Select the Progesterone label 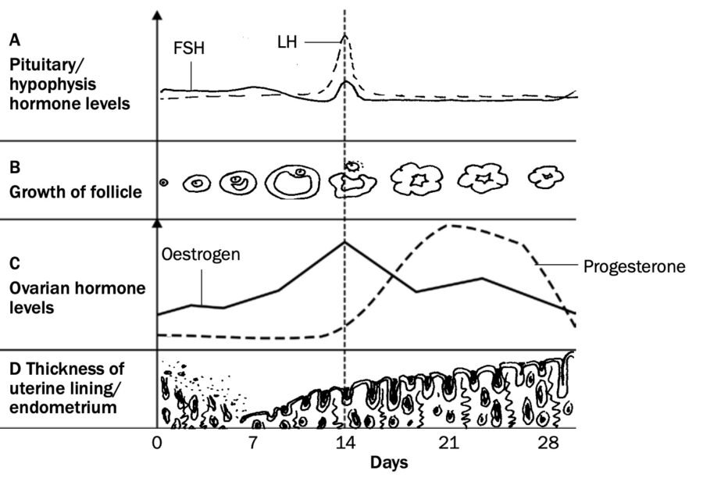coord(633,266)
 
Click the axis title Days coord(388,462)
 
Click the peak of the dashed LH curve coord(344,35)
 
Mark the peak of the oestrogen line coord(344,242)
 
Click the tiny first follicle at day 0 coord(163,184)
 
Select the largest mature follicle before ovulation coord(291,182)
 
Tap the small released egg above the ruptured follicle coord(353,166)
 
